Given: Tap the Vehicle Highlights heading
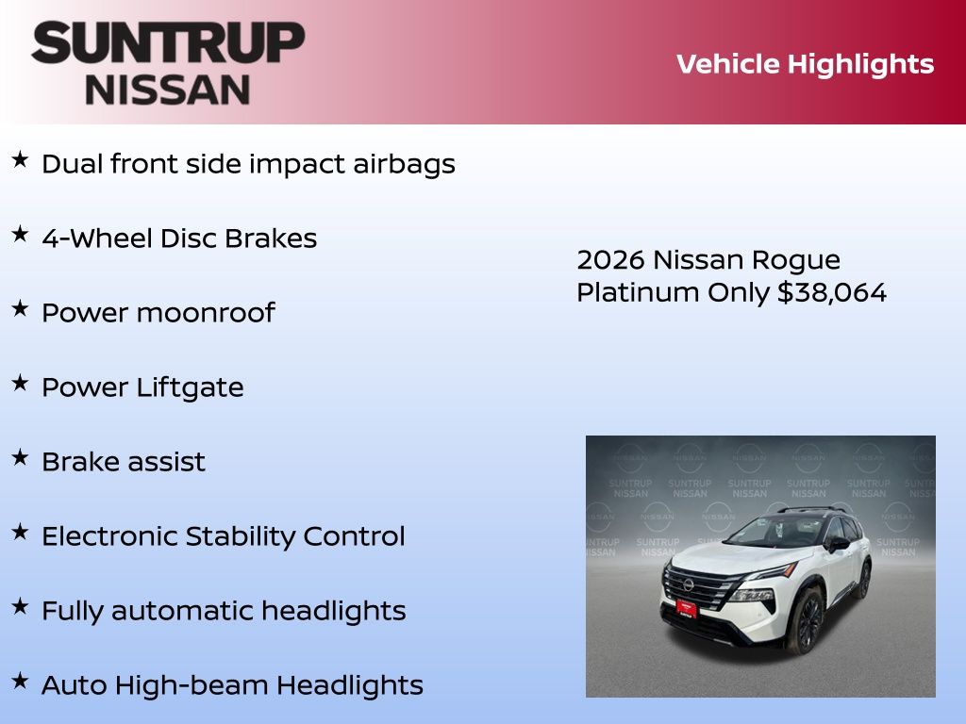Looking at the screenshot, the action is point(805,65).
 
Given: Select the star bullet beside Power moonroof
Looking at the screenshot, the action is point(21,308).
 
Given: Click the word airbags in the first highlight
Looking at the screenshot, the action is point(404,164).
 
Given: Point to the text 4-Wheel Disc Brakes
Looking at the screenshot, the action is point(179,239).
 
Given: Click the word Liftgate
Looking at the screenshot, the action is point(190,387).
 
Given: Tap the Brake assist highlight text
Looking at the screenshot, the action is point(124,462).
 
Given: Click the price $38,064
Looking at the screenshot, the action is point(832,292).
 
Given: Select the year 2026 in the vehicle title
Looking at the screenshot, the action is point(610,260).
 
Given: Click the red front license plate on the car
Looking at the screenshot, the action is point(687,608).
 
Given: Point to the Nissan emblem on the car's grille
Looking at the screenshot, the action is point(688,584).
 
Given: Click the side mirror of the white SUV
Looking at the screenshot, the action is point(838,544).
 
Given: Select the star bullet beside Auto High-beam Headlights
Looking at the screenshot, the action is point(21,681).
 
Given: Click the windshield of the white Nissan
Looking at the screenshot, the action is point(777,531).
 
